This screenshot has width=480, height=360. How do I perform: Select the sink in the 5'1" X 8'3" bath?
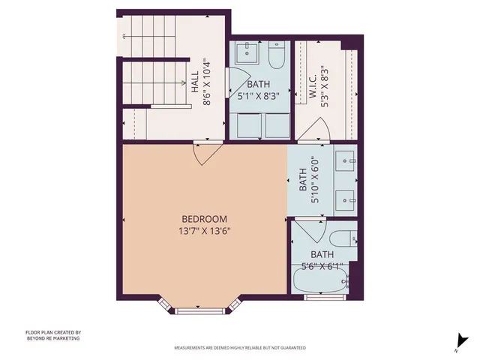[247, 55]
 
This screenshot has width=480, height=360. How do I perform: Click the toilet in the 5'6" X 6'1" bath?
[343, 241]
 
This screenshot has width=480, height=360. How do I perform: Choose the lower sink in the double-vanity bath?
[346, 199]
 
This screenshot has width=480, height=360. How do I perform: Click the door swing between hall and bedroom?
[205, 153]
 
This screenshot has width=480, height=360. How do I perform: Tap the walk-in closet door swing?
[313, 134]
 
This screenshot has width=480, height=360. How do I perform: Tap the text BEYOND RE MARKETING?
[52, 338]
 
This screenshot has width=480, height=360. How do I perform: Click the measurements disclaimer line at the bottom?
[239, 348]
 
